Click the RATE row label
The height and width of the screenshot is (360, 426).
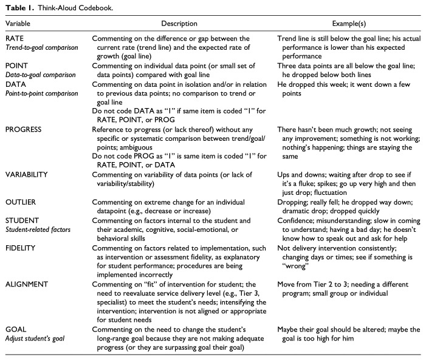pyautogui.click(x=15, y=38)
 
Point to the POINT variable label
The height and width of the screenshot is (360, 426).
pyautogui.click(x=17, y=70)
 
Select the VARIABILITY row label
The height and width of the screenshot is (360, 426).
pyautogui.click(x=28, y=174)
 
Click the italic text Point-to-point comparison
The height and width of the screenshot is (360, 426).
pyautogui.click(x=41, y=93)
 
